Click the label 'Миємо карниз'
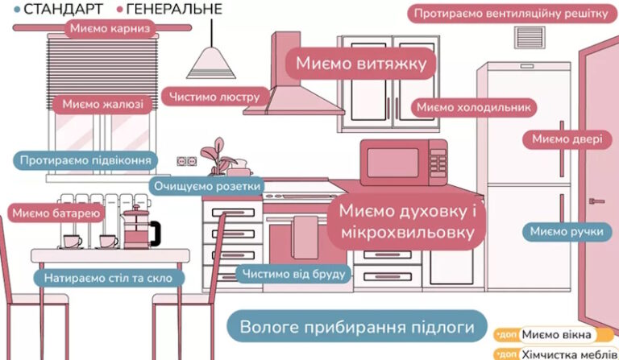[x=110, y=30]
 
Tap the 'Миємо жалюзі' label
[x=102, y=104]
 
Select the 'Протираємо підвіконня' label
[x=85, y=160]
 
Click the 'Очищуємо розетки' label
[x=207, y=186]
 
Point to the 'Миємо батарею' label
[x=55, y=213]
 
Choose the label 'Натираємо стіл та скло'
[x=108, y=279]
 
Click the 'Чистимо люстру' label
[x=214, y=97]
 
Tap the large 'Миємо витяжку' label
[x=360, y=63]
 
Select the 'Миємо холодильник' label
[x=474, y=107]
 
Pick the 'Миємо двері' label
[x=567, y=139]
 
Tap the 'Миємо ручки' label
[x=567, y=232]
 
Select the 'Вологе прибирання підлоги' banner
[x=355, y=328]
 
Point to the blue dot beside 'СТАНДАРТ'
[x=18, y=10]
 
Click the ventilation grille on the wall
[x=530, y=38]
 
